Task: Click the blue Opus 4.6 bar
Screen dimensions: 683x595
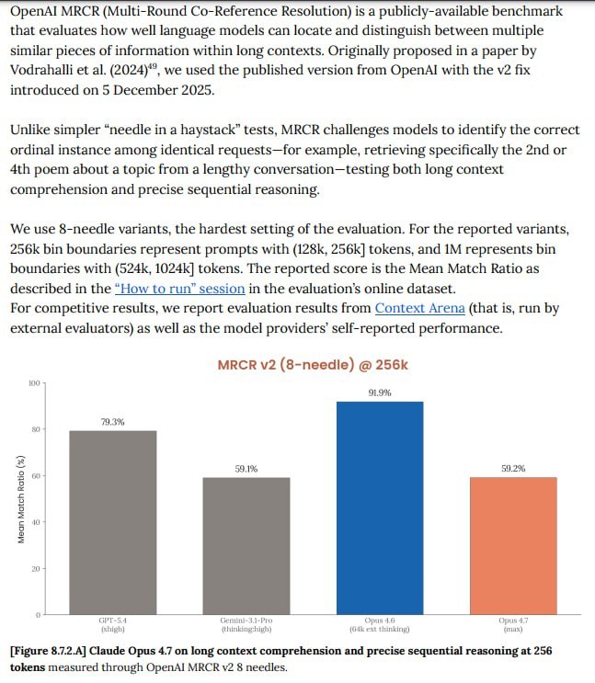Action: click(379, 507)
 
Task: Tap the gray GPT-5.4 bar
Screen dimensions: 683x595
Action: click(112, 521)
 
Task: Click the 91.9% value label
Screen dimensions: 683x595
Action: click(379, 393)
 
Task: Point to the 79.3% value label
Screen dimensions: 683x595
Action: click(112, 422)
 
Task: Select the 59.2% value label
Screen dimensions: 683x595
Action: click(512, 468)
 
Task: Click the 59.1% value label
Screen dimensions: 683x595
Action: click(246, 469)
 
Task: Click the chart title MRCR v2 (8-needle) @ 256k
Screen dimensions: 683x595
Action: click(313, 365)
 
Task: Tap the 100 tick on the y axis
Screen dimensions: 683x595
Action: click(35, 383)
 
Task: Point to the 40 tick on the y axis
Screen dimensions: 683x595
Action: click(37, 522)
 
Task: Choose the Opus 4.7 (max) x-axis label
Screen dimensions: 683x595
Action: click(512, 625)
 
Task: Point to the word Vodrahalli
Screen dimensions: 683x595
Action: click(49, 70)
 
